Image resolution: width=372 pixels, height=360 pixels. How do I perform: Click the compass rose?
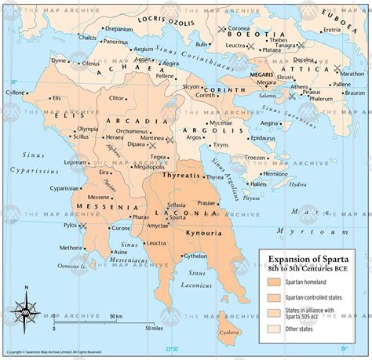click(x=25, y=314)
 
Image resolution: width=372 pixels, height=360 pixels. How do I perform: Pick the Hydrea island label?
click(x=297, y=184)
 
